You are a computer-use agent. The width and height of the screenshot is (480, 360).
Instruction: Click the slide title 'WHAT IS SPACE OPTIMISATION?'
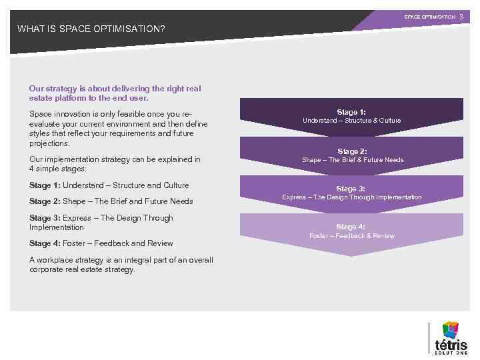point(91,29)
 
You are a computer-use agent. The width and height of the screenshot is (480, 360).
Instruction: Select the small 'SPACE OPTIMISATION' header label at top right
point(429,16)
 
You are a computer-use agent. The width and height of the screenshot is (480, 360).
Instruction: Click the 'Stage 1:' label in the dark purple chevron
point(351,113)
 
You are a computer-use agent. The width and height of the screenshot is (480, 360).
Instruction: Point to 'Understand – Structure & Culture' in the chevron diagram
point(351,121)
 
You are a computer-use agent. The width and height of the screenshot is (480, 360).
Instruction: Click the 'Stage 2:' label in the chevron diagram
point(351,151)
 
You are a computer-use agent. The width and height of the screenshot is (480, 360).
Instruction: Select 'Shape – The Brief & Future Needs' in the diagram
point(352,160)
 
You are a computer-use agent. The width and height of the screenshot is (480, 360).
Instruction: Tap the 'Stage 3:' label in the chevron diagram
point(351,189)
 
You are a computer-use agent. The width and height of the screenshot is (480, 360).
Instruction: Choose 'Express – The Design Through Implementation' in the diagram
point(351,197)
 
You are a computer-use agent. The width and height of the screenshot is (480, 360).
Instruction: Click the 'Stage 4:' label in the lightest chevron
point(351,227)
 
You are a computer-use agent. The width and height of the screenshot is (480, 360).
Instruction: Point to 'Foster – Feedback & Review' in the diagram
point(351,236)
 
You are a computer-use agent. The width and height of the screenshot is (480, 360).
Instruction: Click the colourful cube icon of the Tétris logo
point(451,329)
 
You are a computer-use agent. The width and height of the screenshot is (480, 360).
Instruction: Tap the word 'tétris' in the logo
point(451,345)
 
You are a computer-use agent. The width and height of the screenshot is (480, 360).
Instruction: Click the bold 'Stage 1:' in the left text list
point(44,185)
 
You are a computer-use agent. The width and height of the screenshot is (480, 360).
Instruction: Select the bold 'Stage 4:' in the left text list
point(44,243)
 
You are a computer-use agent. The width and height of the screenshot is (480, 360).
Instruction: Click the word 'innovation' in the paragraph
point(73,114)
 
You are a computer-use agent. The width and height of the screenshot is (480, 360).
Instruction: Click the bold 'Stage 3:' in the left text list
point(44,218)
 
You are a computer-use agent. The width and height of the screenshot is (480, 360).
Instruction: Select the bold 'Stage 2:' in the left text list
point(44,201)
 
